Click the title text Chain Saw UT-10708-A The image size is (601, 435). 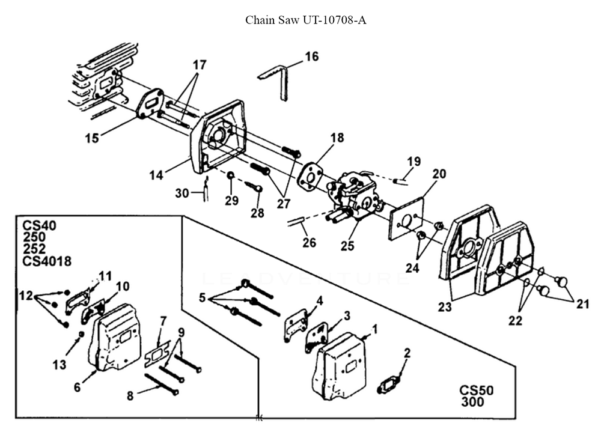[x=305, y=20]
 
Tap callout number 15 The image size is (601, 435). [x=92, y=138]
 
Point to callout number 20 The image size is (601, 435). [x=439, y=174]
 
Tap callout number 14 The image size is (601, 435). [x=156, y=175]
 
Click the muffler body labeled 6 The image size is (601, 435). [x=109, y=337]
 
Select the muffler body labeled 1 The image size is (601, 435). [x=341, y=365]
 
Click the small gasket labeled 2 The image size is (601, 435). [x=390, y=385]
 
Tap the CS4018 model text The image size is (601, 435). [x=47, y=261]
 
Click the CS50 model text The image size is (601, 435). [x=477, y=391]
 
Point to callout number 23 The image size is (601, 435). [x=445, y=307]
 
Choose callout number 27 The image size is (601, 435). [x=284, y=204]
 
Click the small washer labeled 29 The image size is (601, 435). [x=231, y=175]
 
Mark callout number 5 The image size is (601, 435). [x=203, y=297]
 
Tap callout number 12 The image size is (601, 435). [x=26, y=296]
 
